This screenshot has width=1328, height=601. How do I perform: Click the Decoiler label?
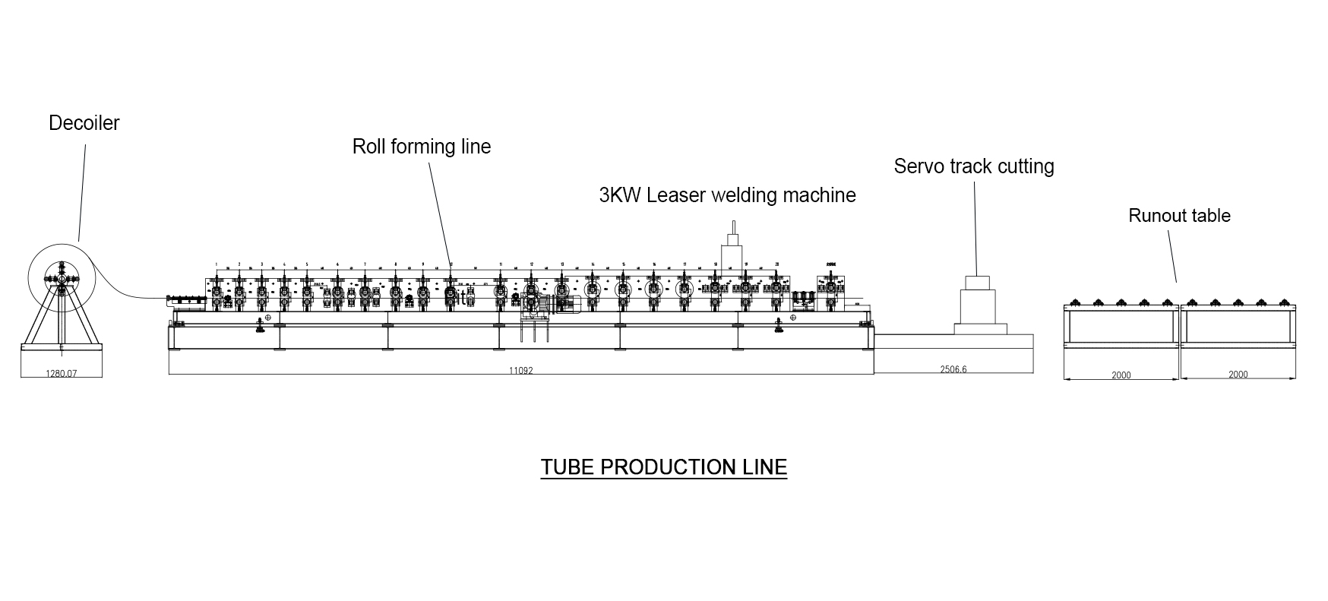coord(84,123)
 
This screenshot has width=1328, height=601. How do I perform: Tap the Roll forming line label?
coord(422,147)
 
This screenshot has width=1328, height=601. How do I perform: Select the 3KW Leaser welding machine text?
coord(727,195)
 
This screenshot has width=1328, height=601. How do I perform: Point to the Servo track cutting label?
coord(974,166)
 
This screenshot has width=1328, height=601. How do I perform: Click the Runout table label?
coord(1179,216)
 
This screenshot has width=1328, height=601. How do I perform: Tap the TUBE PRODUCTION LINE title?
coord(663,467)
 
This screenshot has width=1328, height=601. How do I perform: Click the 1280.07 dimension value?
coord(62,374)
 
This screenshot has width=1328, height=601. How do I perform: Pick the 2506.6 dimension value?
coord(953,370)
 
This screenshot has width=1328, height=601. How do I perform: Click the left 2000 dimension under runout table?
coord(1121,375)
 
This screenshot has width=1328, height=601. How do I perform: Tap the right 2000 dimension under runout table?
coord(1238,375)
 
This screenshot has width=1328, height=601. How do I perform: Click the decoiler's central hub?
coord(61,279)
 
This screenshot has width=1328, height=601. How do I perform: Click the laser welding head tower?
coord(733,247)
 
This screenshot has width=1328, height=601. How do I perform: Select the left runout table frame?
coord(1121,327)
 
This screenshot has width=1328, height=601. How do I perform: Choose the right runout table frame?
coord(1238,327)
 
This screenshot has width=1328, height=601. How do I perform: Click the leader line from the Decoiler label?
coord(82,190)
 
